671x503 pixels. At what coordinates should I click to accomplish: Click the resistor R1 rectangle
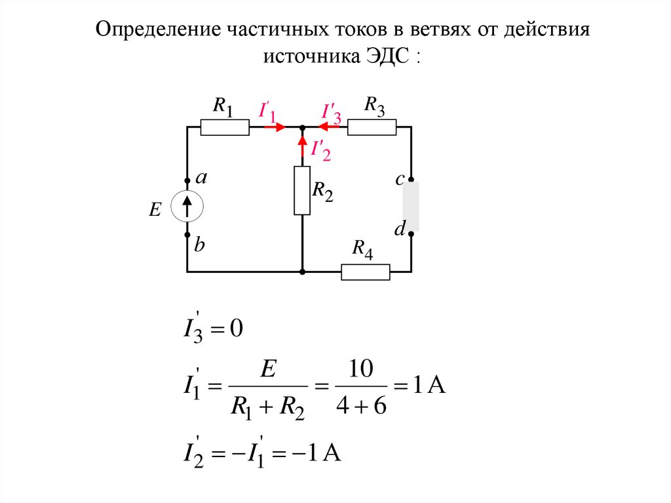click(225, 127)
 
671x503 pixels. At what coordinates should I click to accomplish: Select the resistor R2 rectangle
click(302, 190)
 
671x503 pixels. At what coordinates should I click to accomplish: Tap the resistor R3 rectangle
click(372, 127)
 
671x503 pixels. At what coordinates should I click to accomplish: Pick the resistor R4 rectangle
click(366, 272)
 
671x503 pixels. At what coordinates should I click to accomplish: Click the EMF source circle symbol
click(187, 207)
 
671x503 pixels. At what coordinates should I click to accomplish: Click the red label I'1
click(267, 112)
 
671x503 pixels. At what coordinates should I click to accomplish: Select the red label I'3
click(331, 113)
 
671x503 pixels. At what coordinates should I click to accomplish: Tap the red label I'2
click(320, 150)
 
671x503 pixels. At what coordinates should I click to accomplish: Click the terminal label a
click(202, 178)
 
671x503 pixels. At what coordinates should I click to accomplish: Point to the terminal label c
click(398, 179)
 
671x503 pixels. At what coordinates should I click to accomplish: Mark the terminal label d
click(399, 229)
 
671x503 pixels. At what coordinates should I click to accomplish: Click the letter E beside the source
click(155, 210)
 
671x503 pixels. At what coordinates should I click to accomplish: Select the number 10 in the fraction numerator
click(360, 371)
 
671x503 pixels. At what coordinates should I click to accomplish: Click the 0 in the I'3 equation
click(237, 329)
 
